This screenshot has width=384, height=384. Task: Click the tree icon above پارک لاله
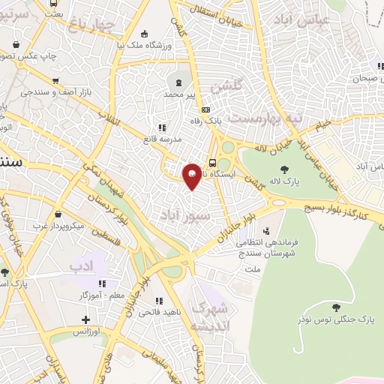pos(284,169)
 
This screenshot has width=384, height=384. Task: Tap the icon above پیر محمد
pos(178,82)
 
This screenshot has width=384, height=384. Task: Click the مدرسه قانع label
pos(158,139)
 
